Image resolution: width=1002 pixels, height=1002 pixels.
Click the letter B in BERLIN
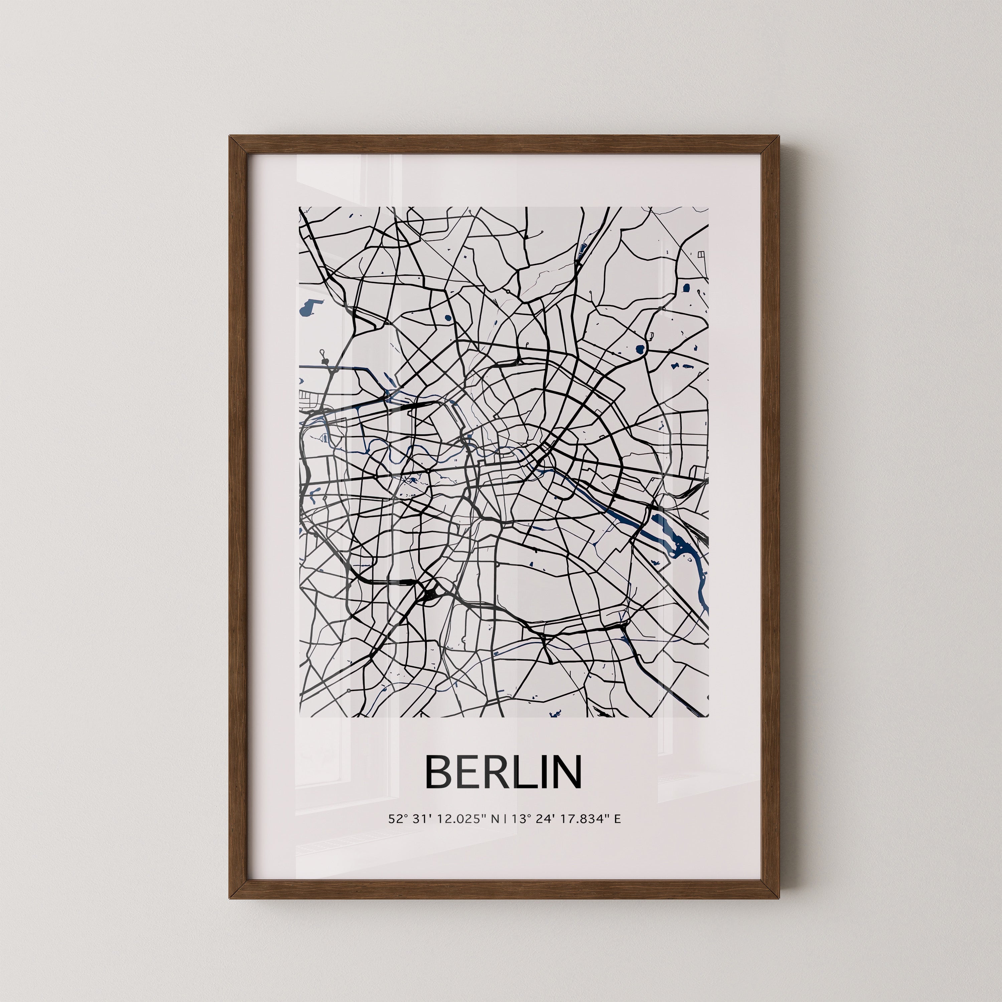[438, 772]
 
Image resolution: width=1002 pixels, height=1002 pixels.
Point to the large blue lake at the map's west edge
[308, 310]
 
